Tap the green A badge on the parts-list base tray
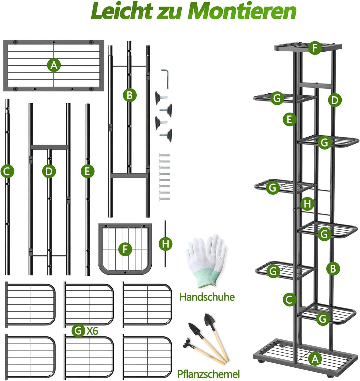(54, 65)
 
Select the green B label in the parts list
(129, 95)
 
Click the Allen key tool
(165, 79)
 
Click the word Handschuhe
(207, 297)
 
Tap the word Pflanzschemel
(208, 374)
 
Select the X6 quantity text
(92, 331)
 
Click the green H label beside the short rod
(165, 244)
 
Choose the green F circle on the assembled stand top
(315, 48)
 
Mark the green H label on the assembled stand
(307, 203)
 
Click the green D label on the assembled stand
(335, 100)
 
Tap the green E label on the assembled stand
(289, 119)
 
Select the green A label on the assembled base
(315, 359)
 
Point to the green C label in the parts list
(7, 171)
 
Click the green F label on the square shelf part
(125, 249)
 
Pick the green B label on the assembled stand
(333, 269)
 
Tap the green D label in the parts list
(49, 171)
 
